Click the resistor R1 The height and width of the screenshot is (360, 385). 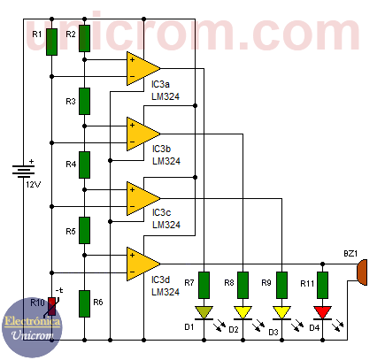tap(51, 42)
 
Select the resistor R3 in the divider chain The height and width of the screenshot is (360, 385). tap(84, 101)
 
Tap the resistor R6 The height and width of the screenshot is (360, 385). tap(84, 303)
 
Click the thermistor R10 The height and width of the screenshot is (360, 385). tap(52, 307)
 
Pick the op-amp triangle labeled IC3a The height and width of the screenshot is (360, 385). tap(143, 68)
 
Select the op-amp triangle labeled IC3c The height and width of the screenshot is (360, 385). tap(143, 198)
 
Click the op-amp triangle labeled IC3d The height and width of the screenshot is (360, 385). tap(143, 264)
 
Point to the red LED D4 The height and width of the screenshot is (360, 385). tap(322, 313)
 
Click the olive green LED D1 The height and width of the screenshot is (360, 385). tap(204, 313)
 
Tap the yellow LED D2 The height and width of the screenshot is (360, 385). tap(243, 313)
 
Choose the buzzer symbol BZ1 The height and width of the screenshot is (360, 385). tap(362, 272)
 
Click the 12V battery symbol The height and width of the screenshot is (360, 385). tap(23, 172)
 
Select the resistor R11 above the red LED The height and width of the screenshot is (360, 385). tap(322, 285)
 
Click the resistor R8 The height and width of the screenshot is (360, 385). tap(243, 285)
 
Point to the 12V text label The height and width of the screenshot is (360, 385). tap(33, 185)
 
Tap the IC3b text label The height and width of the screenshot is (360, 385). tap(161, 149)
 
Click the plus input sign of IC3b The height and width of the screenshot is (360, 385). tap(132, 126)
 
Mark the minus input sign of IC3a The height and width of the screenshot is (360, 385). tap(132, 77)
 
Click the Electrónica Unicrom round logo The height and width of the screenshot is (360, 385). tap(32, 327)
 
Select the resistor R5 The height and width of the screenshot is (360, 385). tap(84, 230)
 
